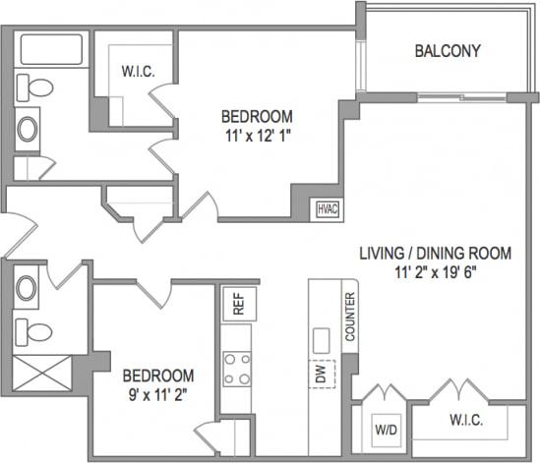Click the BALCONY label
(x=447, y=51)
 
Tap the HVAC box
(x=326, y=207)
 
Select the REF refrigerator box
(x=237, y=305)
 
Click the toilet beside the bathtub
(x=36, y=88)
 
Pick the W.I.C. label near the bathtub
(x=135, y=70)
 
